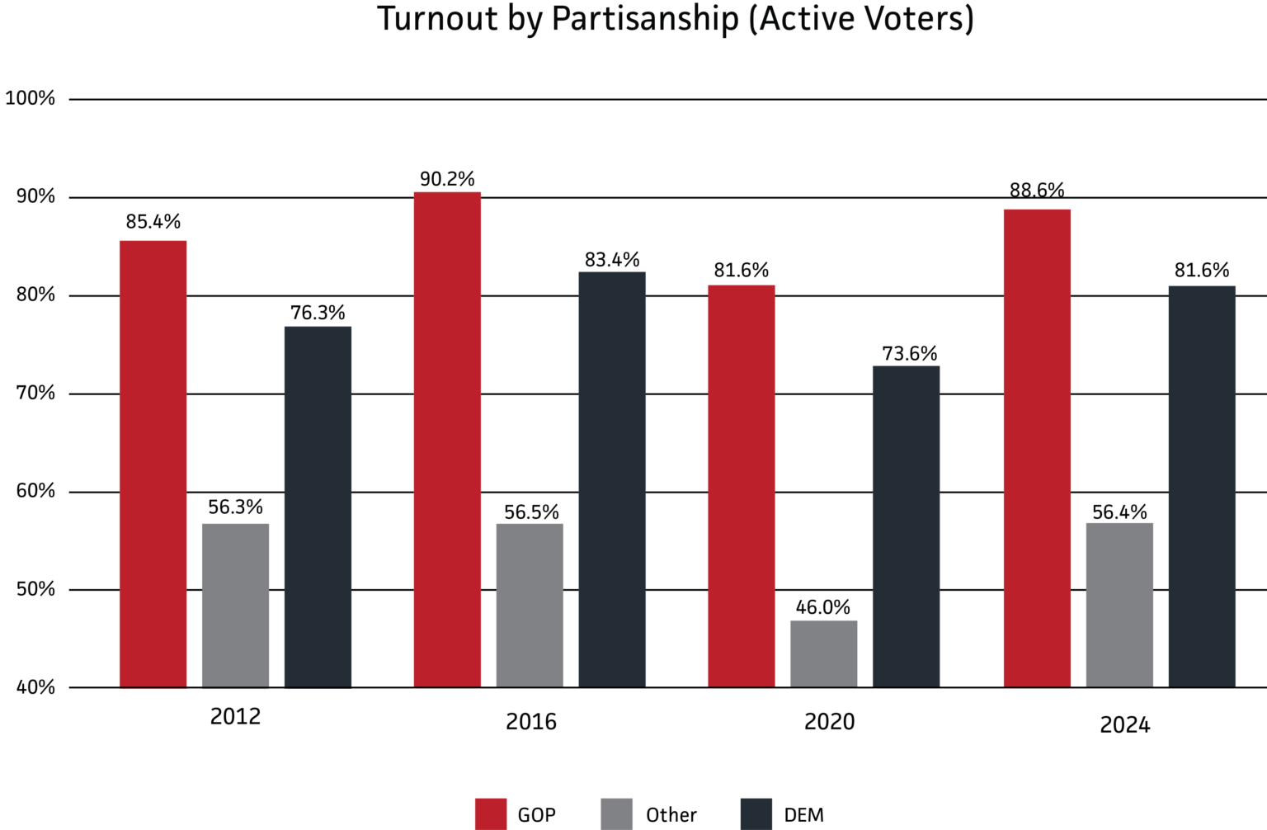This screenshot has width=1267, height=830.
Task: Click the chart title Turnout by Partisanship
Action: click(675, 18)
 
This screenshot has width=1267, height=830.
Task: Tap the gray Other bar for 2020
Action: click(823, 653)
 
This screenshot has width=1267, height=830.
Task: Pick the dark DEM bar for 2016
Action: click(612, 479)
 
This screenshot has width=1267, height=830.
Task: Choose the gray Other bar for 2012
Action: click(235, 605)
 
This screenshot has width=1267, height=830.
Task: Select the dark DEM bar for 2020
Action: click(906, 526)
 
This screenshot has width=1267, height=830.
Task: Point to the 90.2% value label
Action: click(447, 179)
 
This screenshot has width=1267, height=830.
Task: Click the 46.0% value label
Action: click(822, 607)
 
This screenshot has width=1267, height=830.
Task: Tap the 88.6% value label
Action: click(1037, 191)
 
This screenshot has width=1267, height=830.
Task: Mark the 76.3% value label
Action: click(318, 313)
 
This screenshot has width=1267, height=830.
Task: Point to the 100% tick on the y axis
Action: click(31, 99)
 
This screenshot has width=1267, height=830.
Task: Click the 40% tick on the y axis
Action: click(35, 687)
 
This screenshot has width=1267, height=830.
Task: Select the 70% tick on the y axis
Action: click(35, 394)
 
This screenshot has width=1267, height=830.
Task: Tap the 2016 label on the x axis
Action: click(530, 722)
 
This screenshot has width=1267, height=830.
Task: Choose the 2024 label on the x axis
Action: click(1124, 725)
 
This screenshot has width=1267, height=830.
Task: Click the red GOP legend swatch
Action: click(491, 813)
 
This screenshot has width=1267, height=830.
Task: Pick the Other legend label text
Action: click(671, 815)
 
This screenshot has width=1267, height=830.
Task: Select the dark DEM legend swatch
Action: click(756, 813)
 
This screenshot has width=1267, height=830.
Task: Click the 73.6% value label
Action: click(909, 354)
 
